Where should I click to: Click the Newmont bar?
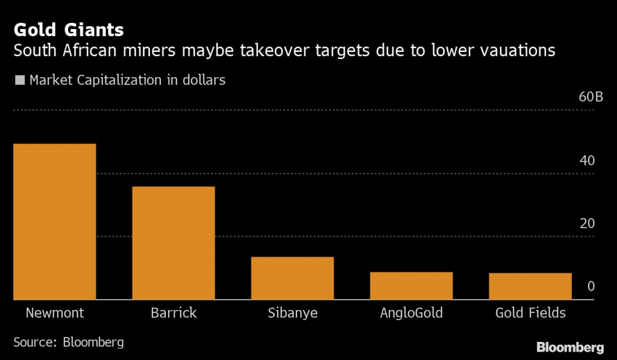point(54,221)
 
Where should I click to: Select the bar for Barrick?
point(174,242)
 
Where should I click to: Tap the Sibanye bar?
point(292,278)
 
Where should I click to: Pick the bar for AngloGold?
point(411,285)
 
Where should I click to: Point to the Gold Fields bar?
point(530,286)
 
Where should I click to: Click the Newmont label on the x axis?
point(54,314)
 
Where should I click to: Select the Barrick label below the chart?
point(174,314)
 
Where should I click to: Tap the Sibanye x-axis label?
point(292,314)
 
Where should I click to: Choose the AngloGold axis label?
point(411,314)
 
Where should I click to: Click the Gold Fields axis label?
point(530,314)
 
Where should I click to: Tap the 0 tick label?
point(591,286)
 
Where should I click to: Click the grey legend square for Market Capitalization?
point(20,80)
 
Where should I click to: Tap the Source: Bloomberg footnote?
point(69,343)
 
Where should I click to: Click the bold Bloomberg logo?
point(570,347)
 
